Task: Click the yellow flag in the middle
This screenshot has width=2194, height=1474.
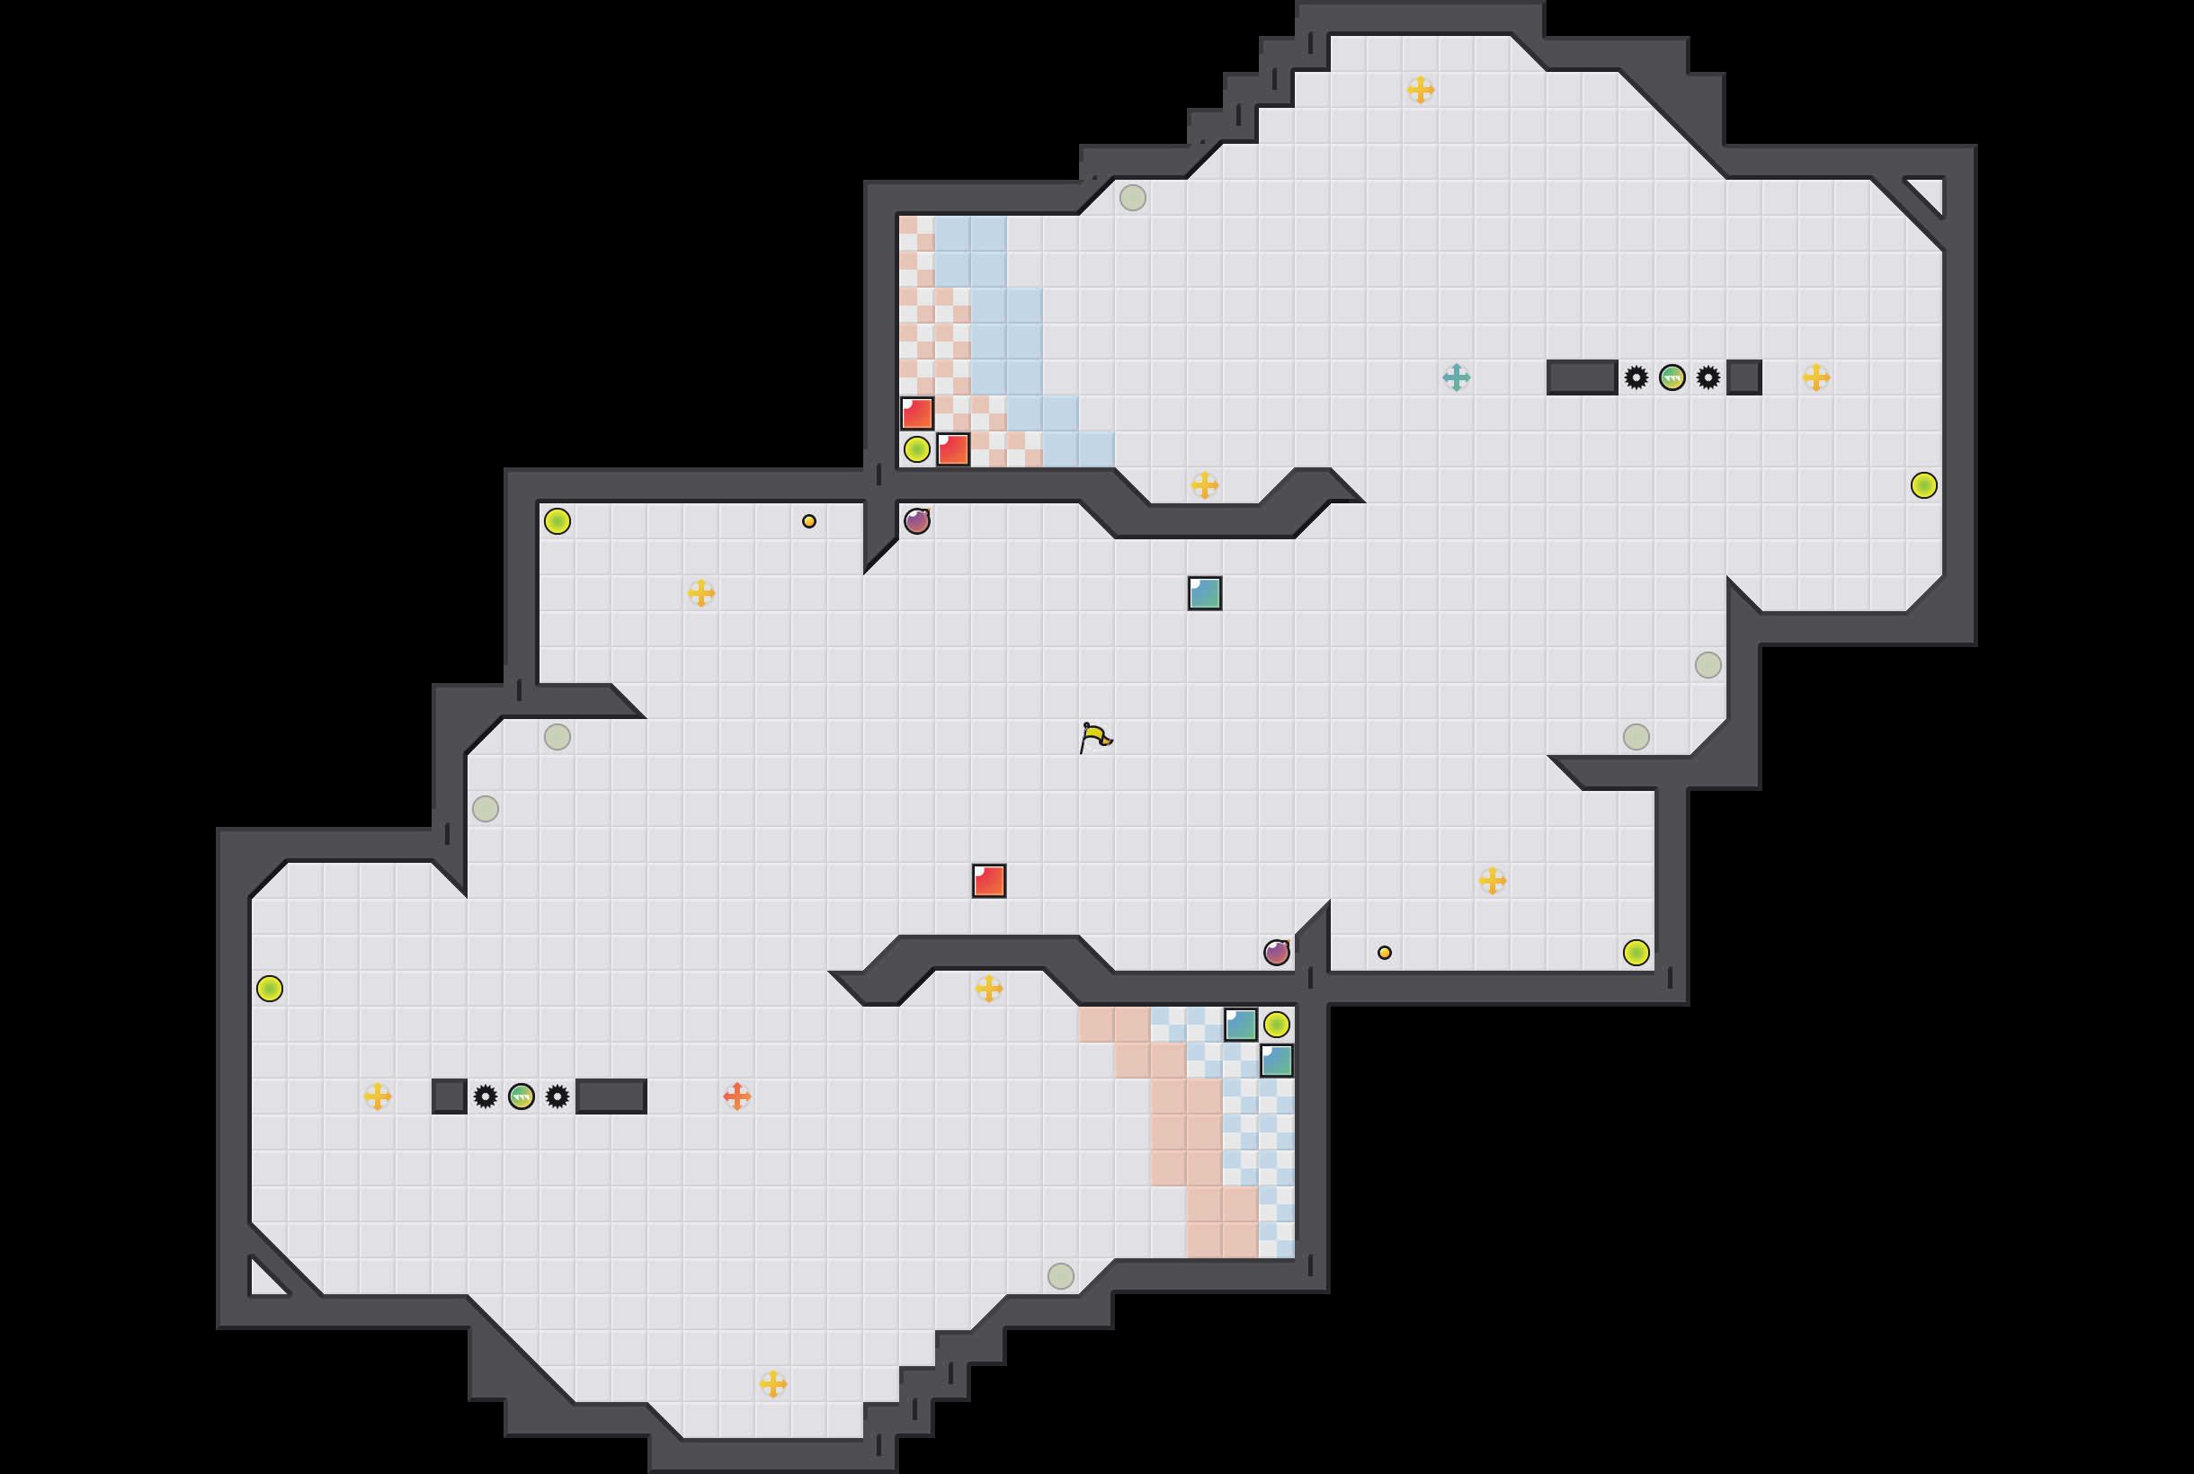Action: [x=1095, y=737]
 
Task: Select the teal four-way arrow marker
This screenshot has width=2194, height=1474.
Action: [x=1456, y=377]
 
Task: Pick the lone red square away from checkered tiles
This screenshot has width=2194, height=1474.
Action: [x=988, y=881]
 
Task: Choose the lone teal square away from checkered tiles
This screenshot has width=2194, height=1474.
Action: [x=1205, y=593]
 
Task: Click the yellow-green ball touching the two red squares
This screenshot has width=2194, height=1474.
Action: [x=917, y=449]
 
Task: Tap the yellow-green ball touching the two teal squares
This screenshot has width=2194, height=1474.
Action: [x=1276, y=1024]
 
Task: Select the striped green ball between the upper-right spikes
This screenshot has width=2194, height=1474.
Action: [x=1672, y=377]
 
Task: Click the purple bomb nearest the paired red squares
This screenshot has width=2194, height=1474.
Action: [x=917, y=520]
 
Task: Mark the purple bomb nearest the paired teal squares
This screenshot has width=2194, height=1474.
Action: [x=1276, y=953]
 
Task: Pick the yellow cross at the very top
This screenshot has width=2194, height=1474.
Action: [x=1420, y=89]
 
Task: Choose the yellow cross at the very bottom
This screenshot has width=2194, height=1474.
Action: [x=773, y=1383]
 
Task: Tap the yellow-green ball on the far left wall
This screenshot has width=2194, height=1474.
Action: [x=270, y=988]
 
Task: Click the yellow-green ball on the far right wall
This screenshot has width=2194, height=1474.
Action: [x=1924, y=485]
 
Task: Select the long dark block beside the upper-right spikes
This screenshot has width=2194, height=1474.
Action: [x=1582, y=377]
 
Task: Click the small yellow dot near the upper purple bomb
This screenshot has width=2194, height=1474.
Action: [x=808, y=520]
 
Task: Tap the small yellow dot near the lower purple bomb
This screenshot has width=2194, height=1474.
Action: [x=1385, y=953]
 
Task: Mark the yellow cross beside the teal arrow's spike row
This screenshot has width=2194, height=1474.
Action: [x=1816, y=377]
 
